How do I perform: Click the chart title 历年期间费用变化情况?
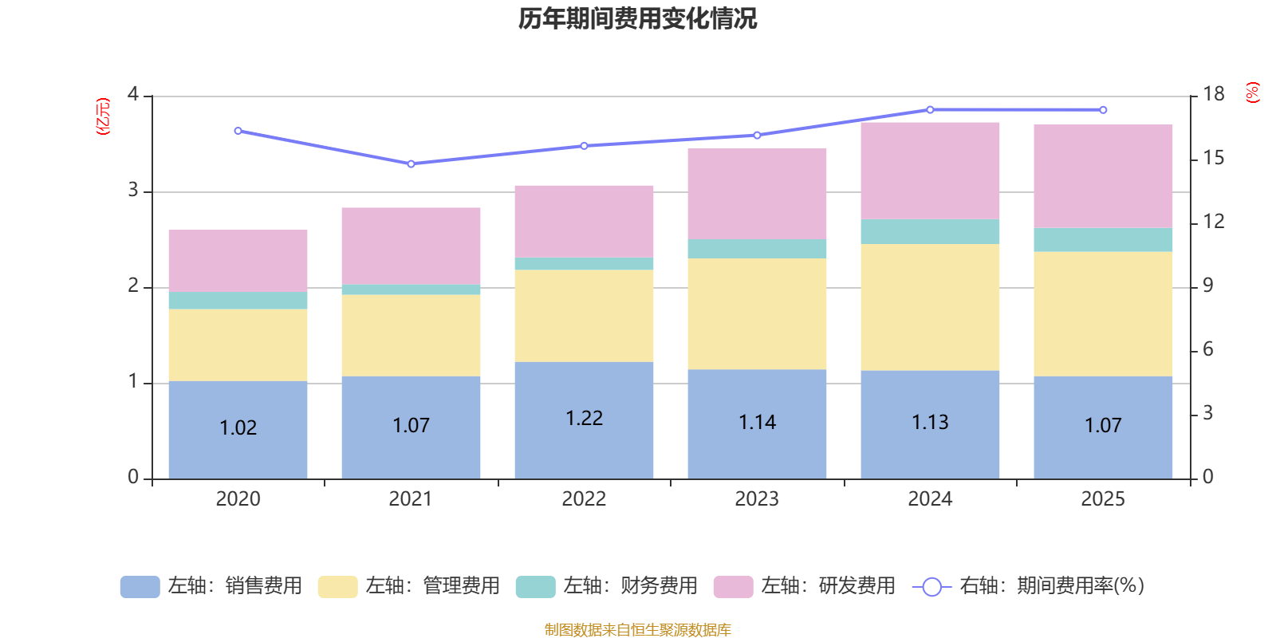pos(637,18)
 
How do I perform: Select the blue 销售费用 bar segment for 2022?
pos(584,447)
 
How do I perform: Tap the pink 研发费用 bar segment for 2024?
pos(930,171)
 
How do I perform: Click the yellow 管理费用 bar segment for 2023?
pos(757,313)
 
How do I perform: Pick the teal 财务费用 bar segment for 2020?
pos(238,301)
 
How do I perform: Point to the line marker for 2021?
pos(411,163)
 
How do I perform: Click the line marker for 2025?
pos(1103,110)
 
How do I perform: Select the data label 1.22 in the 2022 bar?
pos(584,419)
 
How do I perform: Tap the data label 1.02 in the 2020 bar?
pos(238,428)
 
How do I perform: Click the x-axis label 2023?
pos(757,499)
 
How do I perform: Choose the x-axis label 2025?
pos(1103,499)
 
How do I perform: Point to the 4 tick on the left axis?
pos(133,95)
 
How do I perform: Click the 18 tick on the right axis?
pos(1213,95)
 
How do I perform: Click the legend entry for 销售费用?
pos(212,586)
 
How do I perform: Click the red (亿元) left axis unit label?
pos(103,116)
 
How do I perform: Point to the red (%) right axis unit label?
pos(1252,93)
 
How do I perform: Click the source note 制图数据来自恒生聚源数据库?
pos(637,630)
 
